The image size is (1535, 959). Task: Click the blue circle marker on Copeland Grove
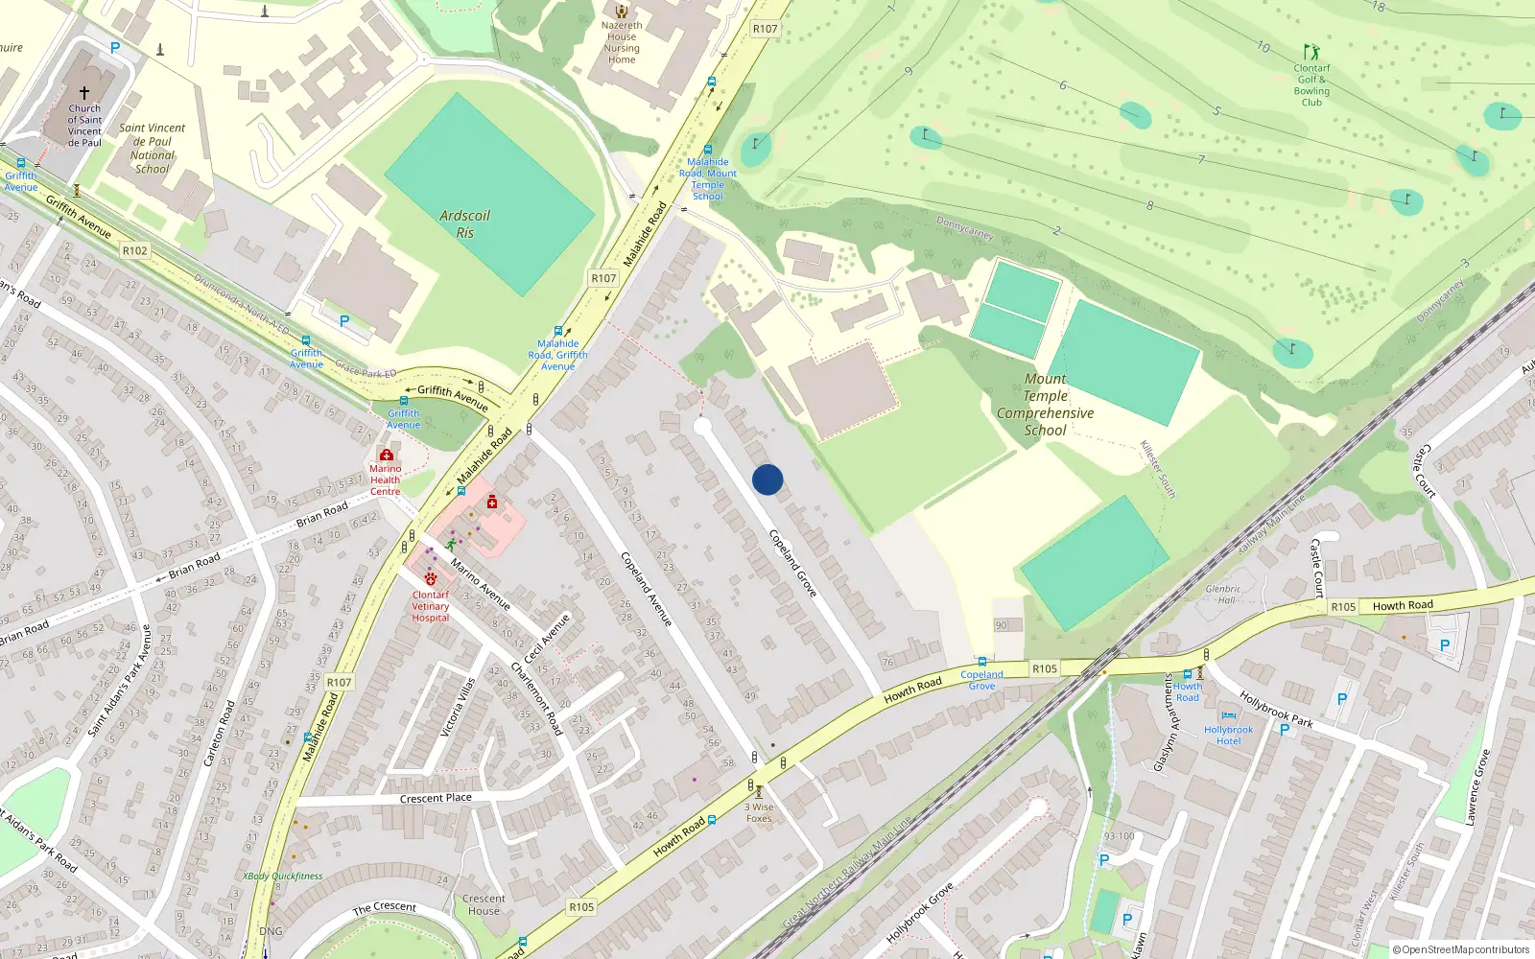tap(767, 479)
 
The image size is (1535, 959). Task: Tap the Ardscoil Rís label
tap(464, 224)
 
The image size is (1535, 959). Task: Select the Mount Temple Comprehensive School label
tap(1045, 405)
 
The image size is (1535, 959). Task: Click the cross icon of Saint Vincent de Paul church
tap(84, 93)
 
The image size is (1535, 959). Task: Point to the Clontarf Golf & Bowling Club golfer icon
tap(1311, 52)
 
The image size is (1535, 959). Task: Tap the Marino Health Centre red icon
tap(386, 455)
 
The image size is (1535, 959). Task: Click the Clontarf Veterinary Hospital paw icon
tap(430, 579)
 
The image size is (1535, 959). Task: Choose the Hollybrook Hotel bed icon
tap(1229, 715)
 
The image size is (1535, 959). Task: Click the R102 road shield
tap(135, 250)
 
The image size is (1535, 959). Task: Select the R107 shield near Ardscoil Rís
tap(603, 278)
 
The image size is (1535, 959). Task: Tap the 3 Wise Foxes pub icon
tap(759, 792)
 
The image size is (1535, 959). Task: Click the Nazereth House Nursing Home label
tap(622, 43)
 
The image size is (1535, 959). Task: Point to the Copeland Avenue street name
tap(646, 589)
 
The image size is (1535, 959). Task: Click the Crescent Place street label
tap(436, 798)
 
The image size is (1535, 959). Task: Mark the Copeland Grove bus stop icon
tap(981, 662)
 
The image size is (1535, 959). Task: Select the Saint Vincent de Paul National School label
tap(153, 149)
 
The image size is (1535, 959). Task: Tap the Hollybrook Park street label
tap(1275, 709)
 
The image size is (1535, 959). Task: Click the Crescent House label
tap(484, 905)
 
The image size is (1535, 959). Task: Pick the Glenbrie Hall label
tap(1224, 595)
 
